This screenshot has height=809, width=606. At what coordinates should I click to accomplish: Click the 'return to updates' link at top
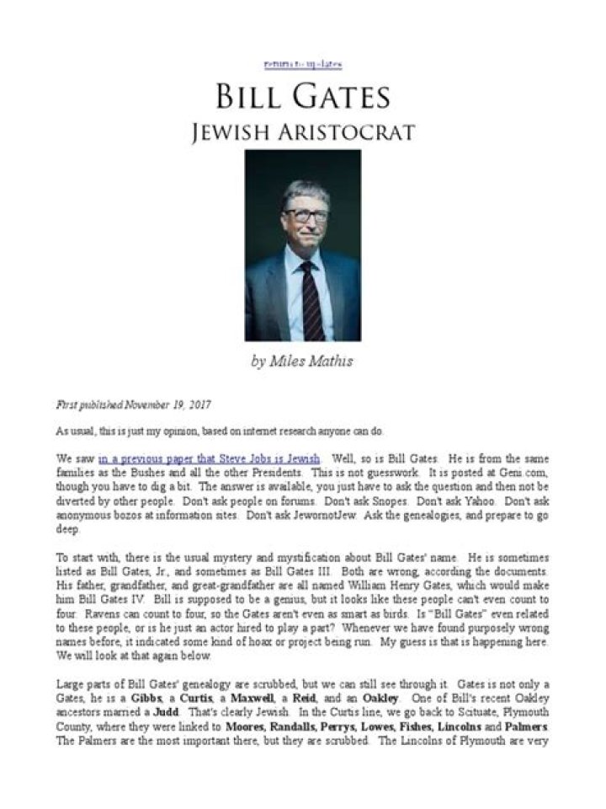(x=302, y=65)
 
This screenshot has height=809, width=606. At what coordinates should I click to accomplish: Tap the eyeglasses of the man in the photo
(x=305, y=214)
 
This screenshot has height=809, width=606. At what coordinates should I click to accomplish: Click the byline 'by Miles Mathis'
(x=302, y=362)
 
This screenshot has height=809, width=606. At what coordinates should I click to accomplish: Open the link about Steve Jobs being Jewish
(x=209, y=458)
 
